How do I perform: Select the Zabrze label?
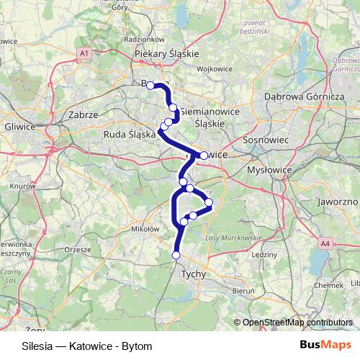click(x=81, y=114)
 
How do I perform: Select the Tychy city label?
click(x=194, y=274)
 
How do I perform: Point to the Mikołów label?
click(x=145, y=229)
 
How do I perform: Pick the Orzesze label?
click(x=76, y=249)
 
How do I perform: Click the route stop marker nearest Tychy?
click(x=176, y=255)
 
